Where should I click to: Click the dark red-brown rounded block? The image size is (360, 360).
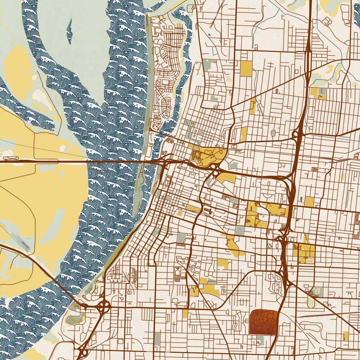click(264, 322)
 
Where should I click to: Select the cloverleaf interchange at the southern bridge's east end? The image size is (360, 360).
click(104, 306)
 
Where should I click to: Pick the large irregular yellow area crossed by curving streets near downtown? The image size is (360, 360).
click(207, 156)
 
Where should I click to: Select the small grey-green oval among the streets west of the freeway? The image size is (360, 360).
click(273, 133)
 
